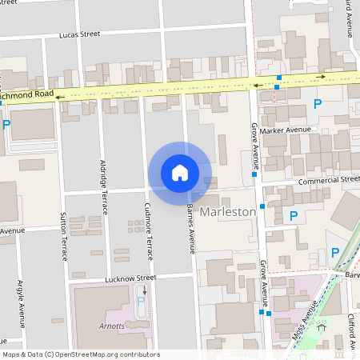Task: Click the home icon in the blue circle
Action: click(x=179, y=172)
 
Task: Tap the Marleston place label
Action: click(x=228, y=212)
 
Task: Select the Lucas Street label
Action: click(x=79, y=34)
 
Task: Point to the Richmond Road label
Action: click(x=27, y=94)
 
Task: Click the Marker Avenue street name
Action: click(x=290, y=130)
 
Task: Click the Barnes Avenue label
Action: click(x=191, y=228)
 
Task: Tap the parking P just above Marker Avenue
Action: click(x=318, y=104)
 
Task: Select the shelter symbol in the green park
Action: click(x=322, y=326)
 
